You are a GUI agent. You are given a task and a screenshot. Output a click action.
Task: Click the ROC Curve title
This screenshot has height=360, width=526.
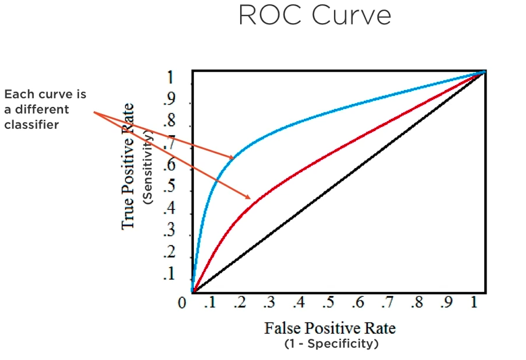[x=315, y=16]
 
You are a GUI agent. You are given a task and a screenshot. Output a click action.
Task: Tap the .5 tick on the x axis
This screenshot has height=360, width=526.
[x=328, y=303]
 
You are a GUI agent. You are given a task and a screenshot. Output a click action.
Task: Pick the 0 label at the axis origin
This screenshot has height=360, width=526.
[x=182, y=304]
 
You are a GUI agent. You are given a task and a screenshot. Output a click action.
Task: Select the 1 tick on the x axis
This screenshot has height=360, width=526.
[x=474, y=303]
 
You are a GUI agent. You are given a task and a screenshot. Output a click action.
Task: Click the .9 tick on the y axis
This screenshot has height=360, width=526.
[x=170, y=100]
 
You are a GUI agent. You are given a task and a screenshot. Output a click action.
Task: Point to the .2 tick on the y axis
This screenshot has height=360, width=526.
[x=170, y=254]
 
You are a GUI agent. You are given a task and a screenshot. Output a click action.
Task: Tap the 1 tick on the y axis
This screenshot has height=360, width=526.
[x=171, y=78]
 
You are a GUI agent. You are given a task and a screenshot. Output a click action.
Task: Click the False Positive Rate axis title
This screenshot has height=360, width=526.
[x=330, y=328]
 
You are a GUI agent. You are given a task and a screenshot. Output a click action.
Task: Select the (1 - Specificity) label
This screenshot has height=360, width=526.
[x=330, y=344]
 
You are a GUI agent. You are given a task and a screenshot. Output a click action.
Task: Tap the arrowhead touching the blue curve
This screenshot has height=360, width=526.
[x=231, y=156]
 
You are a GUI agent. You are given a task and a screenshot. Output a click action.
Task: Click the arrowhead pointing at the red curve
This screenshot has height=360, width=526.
[x=248, y=196]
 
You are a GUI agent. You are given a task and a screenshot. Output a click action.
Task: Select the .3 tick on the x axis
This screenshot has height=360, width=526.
[x=269, y=303]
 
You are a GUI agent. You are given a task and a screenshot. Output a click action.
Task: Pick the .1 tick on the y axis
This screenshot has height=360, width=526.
[x=170, y=275]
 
